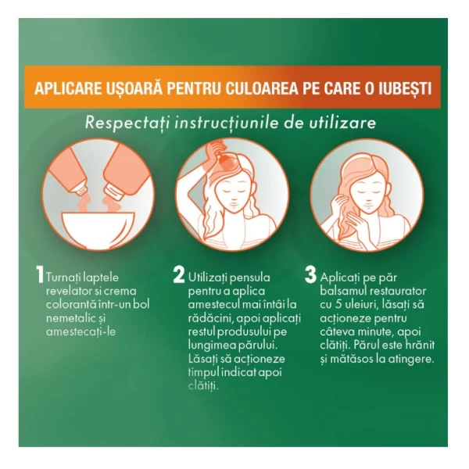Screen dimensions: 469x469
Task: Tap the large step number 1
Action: (x=40, y=274)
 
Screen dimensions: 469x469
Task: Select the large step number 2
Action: (x=179, y=274)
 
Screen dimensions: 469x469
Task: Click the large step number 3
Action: (x=310, y=274)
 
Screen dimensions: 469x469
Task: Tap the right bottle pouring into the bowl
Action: (x=124, y=171)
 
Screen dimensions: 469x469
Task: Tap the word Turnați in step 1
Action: (x=63, y=277)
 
